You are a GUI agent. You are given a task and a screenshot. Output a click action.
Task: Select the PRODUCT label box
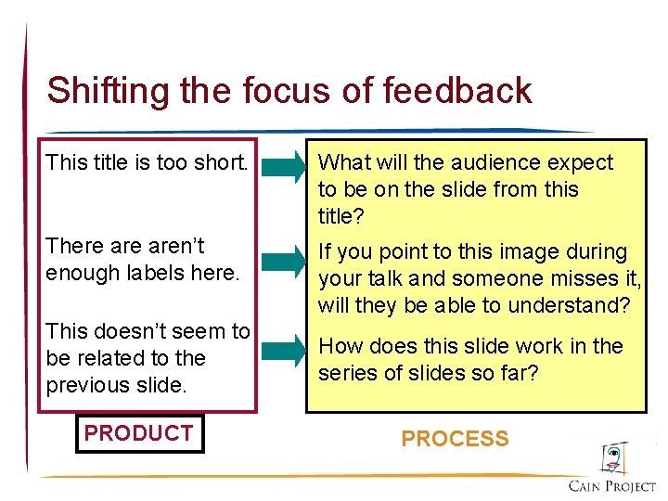(x=139, y=433)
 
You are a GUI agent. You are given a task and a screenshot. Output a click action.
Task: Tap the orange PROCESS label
(x=455, y=439)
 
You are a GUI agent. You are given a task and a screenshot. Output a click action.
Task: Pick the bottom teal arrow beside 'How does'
(x=283, y=351)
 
